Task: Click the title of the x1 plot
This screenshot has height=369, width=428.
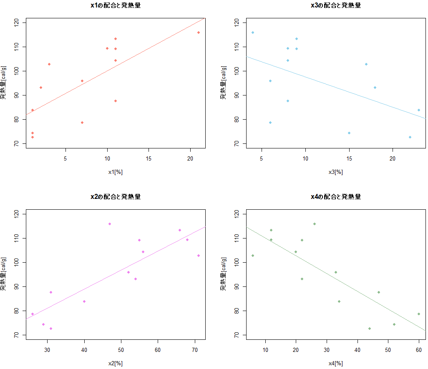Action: (x=116, y=5)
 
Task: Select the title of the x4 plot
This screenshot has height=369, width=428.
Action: (x=336, y=196)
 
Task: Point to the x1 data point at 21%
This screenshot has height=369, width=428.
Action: (x=199, y=33)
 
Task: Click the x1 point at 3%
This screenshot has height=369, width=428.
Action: (x=49, y=64)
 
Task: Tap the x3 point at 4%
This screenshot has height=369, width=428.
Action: (x=253, y=33)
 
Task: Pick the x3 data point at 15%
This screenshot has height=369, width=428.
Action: (x=349, y=133)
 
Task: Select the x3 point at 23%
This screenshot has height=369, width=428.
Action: (x=419, y=110)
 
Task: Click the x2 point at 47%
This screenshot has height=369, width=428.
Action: (x=110, y=224)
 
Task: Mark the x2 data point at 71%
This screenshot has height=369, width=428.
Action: (x=199, y=256)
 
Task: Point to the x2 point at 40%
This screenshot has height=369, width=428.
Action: (x=84, y=301)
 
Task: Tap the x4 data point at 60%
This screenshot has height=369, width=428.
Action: (x=419, y=314)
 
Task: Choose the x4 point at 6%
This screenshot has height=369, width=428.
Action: (x=253, y=256)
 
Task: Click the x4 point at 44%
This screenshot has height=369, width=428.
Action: (x=370, y=329)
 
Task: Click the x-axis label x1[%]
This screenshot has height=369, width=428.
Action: (x=116, y=172)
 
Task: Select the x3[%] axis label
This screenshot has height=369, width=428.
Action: (x=336, y=172)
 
